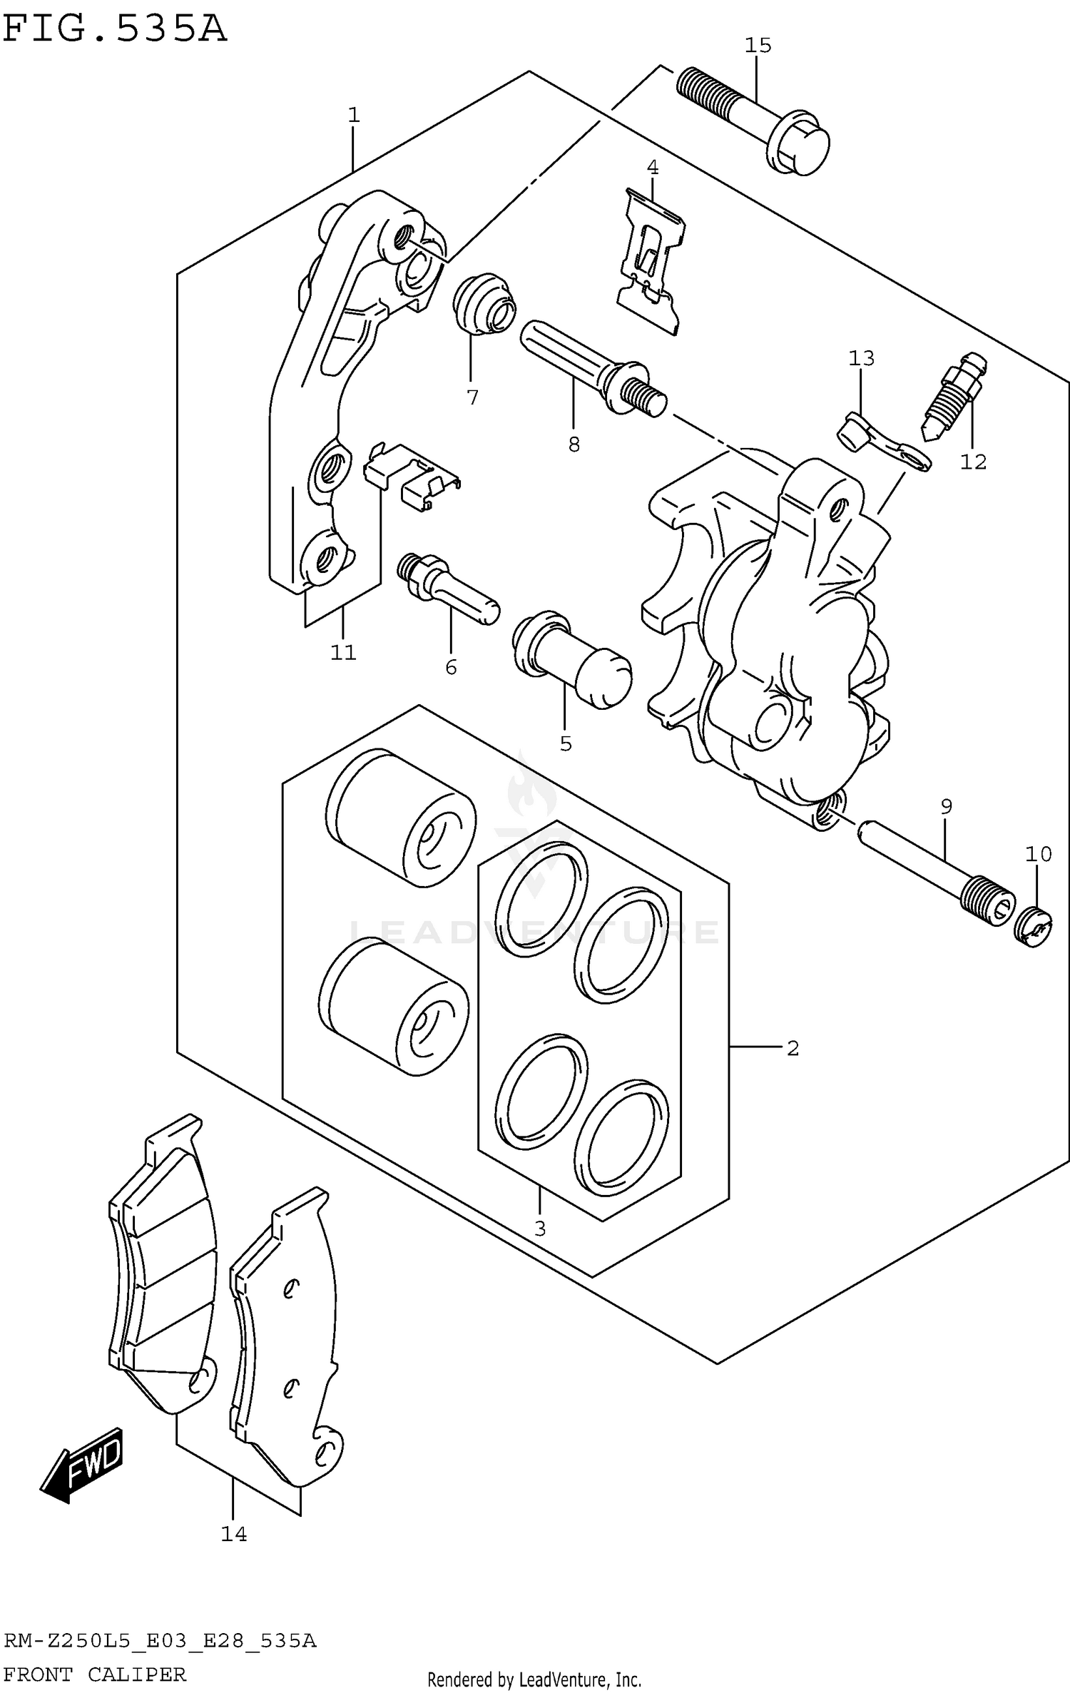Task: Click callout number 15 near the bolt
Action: [758, 46]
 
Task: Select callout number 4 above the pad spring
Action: [652, 168]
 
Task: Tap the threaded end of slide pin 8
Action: [643, 394]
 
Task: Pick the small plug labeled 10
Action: [1034, 927]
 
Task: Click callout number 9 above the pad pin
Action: [946, 807]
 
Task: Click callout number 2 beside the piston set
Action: [793, 1048]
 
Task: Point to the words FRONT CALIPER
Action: [94, 1668]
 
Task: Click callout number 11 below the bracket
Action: [342, 652]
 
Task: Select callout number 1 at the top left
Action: [353, 115]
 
